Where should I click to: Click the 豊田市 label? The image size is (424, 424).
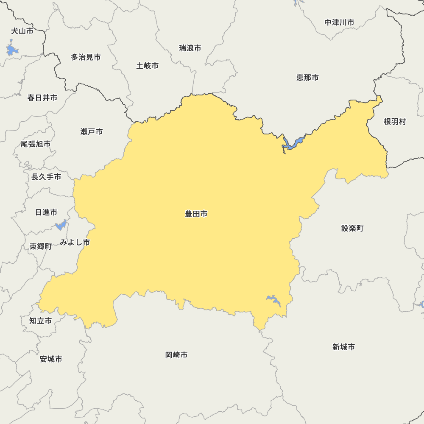pyautogui.click(x=196, y=214)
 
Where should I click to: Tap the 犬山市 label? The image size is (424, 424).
pyautogui.click(x=22, y=31)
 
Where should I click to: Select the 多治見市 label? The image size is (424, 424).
pyautogui.click(x=86, y=57)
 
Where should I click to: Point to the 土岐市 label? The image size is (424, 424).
pyautogui.click(x=148, y=66)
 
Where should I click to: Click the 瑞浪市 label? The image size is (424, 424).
pyautogui.click(x=190, y=48)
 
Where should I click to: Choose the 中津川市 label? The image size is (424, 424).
pyautogui.click(x=339, y=22)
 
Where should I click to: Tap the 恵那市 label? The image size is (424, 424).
pyautogui.click(x=307, y=78)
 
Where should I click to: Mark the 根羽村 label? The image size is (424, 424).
pyautogui.click(x=395, y=122)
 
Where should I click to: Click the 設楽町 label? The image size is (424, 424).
pyautogui.click(x=352, y=228)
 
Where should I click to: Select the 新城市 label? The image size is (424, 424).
pyautogui.click(x=343, y=347)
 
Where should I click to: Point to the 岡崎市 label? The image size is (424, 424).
pyautogui.click(x=176, y=355)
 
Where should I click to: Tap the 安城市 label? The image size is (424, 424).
pyautogui.click(x=51, y=359)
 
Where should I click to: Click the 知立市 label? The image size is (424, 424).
pyautogui.click(x=40, y=321)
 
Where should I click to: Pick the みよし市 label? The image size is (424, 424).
pyautogui.click(x=75, y=243)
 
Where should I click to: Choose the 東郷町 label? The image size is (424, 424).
pyautogui.click(x=40, y=246)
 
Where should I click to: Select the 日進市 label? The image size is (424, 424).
pyautogui.click(x=46, y=212)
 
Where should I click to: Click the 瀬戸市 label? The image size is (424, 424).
pyautogui.click(x=91, y=131)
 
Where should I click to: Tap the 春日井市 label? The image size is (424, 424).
pyautogui.click(x=42, y=98)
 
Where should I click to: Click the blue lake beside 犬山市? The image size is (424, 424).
pyautogui.click(x=12, y=49)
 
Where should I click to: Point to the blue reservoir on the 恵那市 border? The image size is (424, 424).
pyautogui.click(x=292, y=143)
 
